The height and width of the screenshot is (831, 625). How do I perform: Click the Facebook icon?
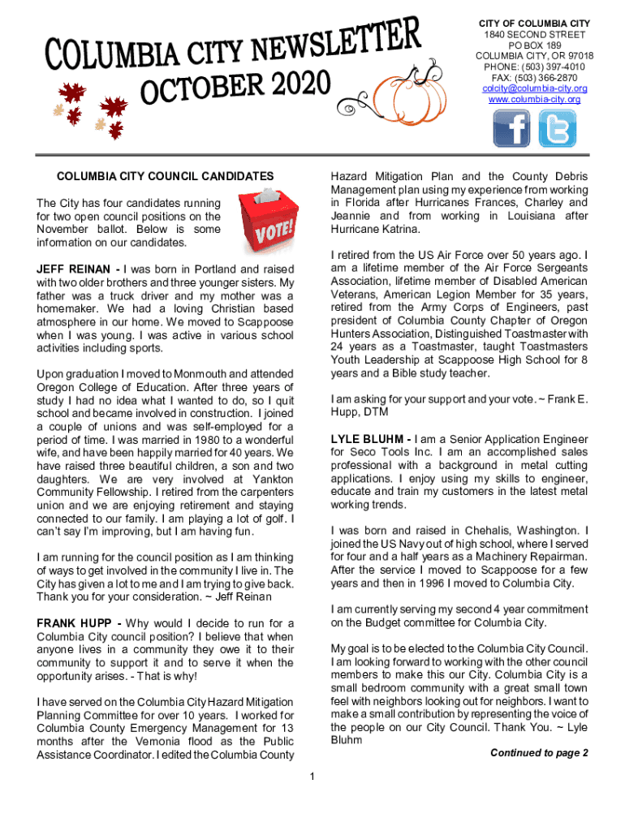tap(511, 128)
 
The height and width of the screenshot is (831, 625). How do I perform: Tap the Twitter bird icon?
tap(558, 128)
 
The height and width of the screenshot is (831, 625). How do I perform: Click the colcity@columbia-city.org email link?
tap(534, 88)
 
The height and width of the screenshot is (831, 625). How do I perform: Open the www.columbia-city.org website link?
tap(534, 99)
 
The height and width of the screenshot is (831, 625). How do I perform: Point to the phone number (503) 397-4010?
tap(553, 67)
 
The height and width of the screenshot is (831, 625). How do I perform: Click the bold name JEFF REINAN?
tap(74, 269)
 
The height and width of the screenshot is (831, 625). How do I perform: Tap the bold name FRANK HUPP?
tap(75, 624)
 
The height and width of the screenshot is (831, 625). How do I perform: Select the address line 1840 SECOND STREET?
tap(534, 36)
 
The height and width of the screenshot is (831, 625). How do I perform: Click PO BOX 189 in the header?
tap(534, 46)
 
